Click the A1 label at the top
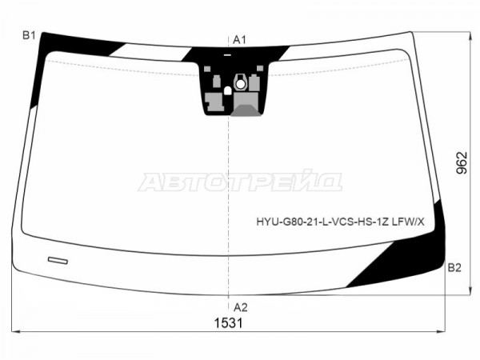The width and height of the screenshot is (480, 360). click(239, 40)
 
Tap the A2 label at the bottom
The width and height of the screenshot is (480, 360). click(240, 307)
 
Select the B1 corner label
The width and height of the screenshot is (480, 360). click(29, 35)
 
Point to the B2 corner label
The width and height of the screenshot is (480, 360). click(454, 268)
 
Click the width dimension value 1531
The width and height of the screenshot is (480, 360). click(228, 323)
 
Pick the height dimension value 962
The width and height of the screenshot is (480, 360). click(462, 163)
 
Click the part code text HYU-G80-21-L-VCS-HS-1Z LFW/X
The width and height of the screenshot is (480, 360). click(341, 222)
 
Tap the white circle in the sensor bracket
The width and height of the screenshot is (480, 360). click(241, 84)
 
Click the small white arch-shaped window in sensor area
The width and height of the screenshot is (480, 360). click(228, 90)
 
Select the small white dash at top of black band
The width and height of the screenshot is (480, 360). click(227, 55)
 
